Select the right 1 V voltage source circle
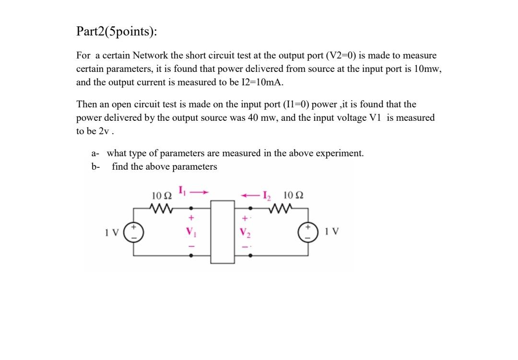point(308,232)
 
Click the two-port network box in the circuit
point(223,232)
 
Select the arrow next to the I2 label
point(250,195)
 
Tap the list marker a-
point(95,153)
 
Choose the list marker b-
point(95,167)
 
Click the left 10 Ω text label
point(162,196)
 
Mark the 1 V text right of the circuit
point(331,232)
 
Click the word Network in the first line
point(150,56)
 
